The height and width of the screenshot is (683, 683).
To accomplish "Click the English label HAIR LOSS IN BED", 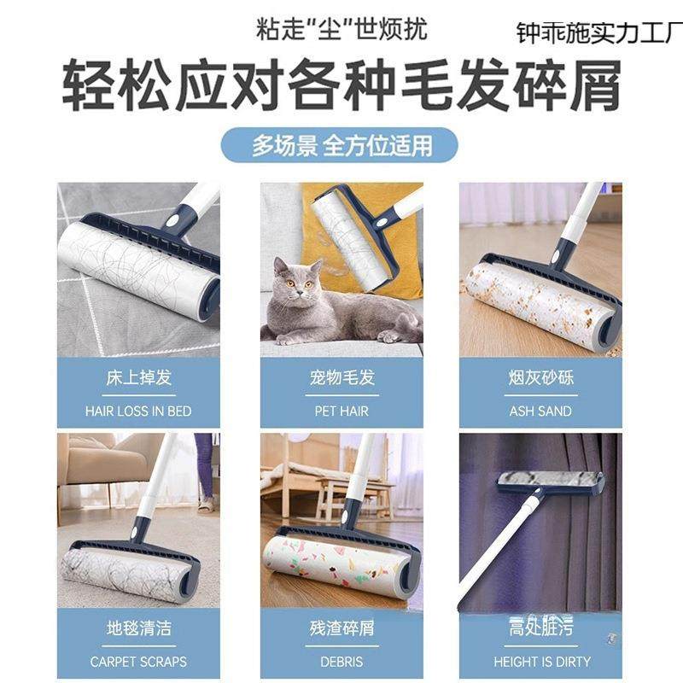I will (138, 411).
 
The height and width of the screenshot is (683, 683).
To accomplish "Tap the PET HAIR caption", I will (341, 411).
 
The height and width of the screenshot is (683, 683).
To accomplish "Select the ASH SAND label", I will (540, 411).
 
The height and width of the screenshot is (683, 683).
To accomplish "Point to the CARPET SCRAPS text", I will (138, 662).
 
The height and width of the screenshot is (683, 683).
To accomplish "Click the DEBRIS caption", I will (341, 662).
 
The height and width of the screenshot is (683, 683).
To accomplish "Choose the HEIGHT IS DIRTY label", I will (540, 662).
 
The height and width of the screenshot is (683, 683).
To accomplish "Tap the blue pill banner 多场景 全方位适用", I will (341, 145).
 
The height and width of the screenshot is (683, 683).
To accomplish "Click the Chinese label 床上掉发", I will (138, 377).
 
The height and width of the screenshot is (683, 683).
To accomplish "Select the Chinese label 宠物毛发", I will (341, 377).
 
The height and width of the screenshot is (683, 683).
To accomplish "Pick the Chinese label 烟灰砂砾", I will (540, 377).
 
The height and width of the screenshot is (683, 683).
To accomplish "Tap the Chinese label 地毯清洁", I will (138, 629).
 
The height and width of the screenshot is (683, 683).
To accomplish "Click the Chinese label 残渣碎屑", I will (341, 629).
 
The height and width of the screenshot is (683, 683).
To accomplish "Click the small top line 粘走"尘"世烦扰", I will (341, 28).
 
